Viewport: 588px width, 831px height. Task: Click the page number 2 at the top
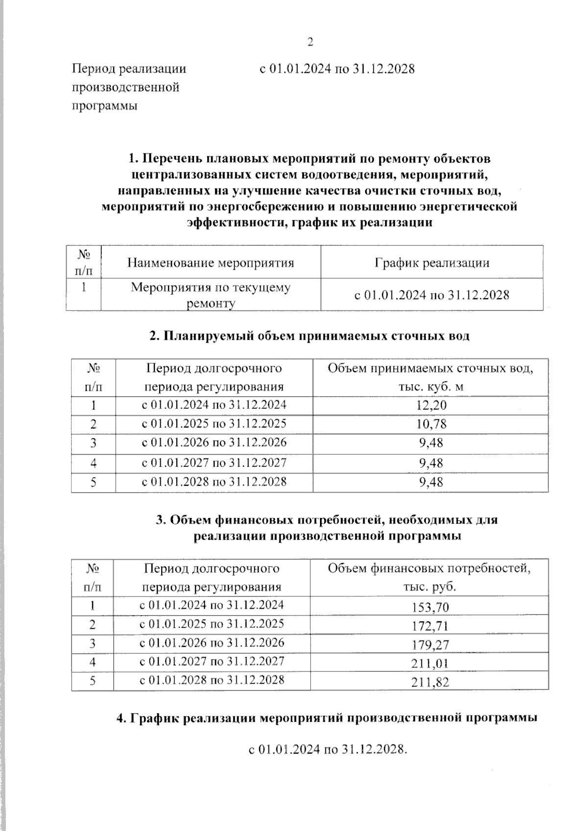[310, 42]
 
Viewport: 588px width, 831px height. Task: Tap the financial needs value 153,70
[431, 608]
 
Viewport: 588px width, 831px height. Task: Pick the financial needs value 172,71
[431, 626]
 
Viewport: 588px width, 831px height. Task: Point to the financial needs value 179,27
[431, 645]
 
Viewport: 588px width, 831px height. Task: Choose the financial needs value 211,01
[431, 664]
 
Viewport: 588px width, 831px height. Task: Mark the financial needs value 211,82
[431, 683]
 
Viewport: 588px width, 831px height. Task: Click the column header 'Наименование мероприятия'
[211, 263]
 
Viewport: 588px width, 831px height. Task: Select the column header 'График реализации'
[432, 263]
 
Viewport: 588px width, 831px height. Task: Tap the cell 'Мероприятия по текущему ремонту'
[211, 295]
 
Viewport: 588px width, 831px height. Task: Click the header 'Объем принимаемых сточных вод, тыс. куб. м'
[431, 377]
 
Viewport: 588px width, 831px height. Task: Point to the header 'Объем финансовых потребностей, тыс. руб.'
[429, 577]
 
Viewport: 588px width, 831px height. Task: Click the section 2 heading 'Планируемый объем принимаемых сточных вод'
[309, 336]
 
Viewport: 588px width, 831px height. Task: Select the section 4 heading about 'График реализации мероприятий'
[327, 718]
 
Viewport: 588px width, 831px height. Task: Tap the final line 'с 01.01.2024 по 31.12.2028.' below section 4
[328, 749]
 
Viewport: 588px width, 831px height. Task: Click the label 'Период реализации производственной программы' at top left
[129, 87]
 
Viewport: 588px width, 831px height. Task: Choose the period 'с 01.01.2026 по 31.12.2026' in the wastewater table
[214, 443]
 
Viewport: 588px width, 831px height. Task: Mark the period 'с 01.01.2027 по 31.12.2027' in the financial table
[212, 662]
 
